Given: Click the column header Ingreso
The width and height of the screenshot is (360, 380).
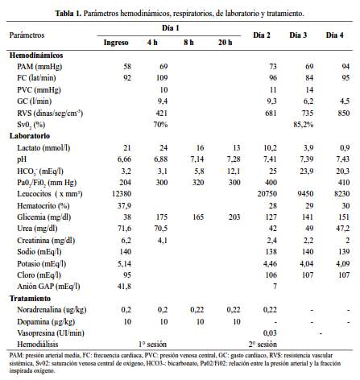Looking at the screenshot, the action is click(116, 43).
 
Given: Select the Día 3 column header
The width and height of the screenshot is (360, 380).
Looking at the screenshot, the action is click(298, 35).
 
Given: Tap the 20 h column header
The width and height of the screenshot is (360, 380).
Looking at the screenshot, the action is click(225, 43).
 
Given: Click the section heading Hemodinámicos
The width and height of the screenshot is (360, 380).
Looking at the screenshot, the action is click(36, 56).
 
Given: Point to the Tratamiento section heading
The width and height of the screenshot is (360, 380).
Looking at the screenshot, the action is click(30, 299).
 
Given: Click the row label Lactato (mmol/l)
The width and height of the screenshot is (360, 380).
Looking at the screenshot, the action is click(43, 148).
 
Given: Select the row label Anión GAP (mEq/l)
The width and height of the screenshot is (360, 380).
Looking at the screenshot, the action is click(48, 287).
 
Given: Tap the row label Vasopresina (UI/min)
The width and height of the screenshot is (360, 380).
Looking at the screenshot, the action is click(51, 333).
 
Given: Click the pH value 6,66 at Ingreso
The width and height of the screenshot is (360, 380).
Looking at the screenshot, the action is click(124, 159).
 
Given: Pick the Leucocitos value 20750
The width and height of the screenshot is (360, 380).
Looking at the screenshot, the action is click(267, 194).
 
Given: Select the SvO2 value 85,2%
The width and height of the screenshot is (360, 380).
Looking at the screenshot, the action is click(304, 125).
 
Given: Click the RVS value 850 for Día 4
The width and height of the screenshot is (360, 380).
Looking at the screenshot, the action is click(344, 113).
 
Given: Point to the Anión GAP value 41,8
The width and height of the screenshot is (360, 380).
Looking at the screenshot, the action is click(124, 287).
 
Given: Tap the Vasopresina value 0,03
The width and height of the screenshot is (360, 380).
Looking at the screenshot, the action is click(270, 333).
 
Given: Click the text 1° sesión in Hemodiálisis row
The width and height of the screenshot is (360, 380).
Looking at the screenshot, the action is click(152, 345).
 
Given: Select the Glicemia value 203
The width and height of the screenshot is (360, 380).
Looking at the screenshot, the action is click(234, 217).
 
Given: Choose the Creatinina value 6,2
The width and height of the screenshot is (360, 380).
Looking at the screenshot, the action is click(126, 241).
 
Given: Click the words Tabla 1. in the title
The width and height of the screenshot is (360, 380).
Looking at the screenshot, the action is click(68, 14).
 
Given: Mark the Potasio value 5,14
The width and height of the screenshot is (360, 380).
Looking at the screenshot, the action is click(124, 264).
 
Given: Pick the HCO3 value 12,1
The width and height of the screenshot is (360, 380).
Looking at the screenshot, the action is click(234, 171).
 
